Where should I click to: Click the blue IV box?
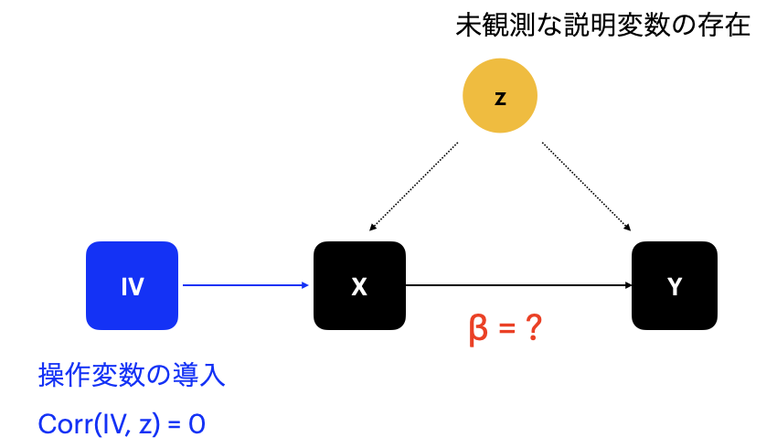coord(132,285)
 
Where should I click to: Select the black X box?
coord(359,285)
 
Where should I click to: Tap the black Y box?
coord(675,285)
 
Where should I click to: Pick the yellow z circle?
coord(499,96)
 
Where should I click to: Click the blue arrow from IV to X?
coord(245,285)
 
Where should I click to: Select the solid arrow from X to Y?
coord(517,285)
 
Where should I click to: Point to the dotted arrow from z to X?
coord(414,186)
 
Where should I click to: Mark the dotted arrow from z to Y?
coord(586,186)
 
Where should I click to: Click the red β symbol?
coord(477,328)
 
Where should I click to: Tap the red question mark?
coord(535,328)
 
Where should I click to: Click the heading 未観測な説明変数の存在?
coord(602,25)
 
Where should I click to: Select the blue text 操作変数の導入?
coord(132,375)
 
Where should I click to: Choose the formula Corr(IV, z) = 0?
coord(122,424)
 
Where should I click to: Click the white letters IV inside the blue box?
coord(132,287)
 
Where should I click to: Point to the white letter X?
coord(359,287)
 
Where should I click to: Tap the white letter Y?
coord(675,287)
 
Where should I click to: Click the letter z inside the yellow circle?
coord(499,98)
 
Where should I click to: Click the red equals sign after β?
coord(506,329)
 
